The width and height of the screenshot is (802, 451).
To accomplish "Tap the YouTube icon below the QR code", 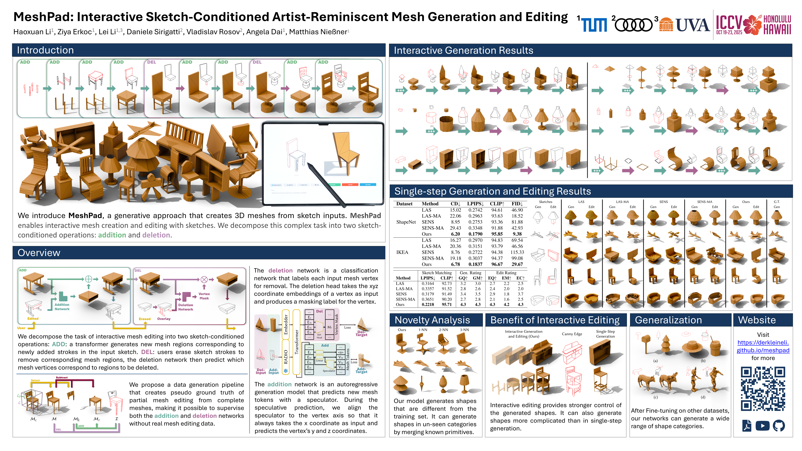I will tap(763, 425).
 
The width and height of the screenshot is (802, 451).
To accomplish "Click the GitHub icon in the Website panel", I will tap(779, 425).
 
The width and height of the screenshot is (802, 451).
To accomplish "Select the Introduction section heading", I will tap(45, 50).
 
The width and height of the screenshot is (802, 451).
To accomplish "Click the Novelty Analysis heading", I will tap(432, 320).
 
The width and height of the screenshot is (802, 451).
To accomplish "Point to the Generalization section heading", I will tap(668, 320).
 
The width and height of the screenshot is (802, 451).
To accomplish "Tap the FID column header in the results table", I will tap(517, 204).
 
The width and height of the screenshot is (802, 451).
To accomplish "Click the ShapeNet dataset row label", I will tap(406, 222).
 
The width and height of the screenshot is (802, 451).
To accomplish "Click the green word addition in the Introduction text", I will tap(112, 235).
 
